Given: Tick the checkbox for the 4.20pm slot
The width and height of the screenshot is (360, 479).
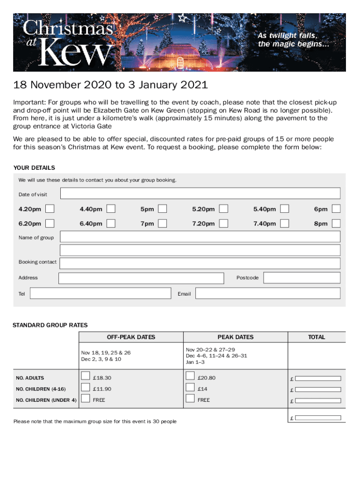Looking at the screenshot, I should (x=50, y=209).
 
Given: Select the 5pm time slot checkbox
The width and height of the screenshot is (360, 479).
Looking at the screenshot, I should (x=162, y=209).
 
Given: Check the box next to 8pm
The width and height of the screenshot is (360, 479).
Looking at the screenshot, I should (x=336, y=223).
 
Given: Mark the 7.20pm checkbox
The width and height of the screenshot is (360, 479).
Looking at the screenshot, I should (x=224, y=223).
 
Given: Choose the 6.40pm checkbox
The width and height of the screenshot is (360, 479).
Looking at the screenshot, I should (x=111, y=223).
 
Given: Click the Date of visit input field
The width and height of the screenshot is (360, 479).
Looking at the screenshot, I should (x=200, y=194).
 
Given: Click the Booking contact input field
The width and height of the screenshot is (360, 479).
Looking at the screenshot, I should (x=200, y=263).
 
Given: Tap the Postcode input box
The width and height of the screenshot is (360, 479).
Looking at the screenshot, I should (x=302, y=278).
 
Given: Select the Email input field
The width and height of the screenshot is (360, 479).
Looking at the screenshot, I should (x=268, y=293).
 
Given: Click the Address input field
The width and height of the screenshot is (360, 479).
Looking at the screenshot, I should (x=141, y=278).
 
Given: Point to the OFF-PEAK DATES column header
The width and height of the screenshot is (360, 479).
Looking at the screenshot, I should (x=131, y=337).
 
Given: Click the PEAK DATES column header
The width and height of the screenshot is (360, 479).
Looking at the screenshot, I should (x=235, y=337).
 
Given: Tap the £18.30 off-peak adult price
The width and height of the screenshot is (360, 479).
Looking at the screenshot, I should (x=102, y=378).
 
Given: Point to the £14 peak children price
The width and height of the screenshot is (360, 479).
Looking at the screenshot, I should (x=202, y=389).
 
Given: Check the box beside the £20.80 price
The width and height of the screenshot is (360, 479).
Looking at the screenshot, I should (x=190, y=376).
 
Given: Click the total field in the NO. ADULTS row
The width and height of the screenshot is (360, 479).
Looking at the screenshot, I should (x=319, y=378).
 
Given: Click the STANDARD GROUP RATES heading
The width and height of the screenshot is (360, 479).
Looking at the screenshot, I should (x=50, y=325).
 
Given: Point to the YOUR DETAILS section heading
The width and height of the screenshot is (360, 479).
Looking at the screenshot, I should (x=34, y=167).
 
